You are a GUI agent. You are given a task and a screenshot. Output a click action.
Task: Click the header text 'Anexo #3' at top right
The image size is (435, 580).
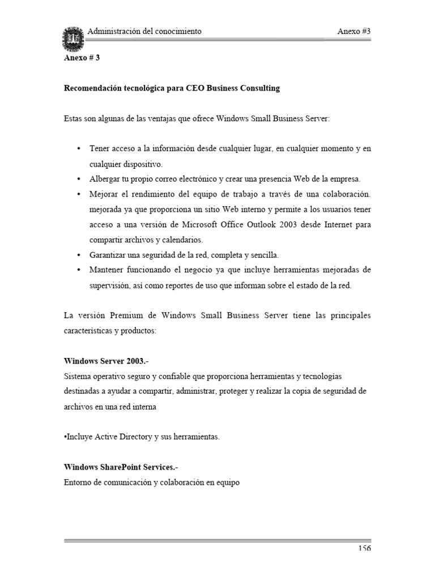(x=353, y=31)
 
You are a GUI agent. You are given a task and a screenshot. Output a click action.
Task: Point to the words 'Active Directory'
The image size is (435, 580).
(x=119, y=437)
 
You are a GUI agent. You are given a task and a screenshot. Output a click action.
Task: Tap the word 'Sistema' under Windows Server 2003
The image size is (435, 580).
(x=78, y=376)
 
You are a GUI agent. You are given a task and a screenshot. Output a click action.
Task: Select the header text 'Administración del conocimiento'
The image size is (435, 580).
(x=144, y=31)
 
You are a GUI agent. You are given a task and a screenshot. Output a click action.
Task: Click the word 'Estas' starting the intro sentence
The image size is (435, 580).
(x=73, y=118)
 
